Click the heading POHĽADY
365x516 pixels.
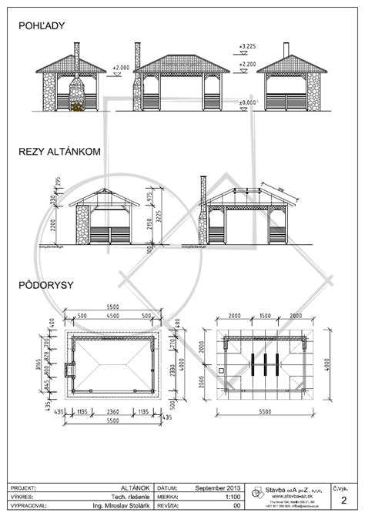coord(42,26)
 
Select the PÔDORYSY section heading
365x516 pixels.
coord(46,285)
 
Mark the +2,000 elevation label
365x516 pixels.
coord(122,68)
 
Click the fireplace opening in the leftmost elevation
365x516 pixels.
coord(75,101)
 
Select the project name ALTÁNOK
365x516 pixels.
coord(138,489)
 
